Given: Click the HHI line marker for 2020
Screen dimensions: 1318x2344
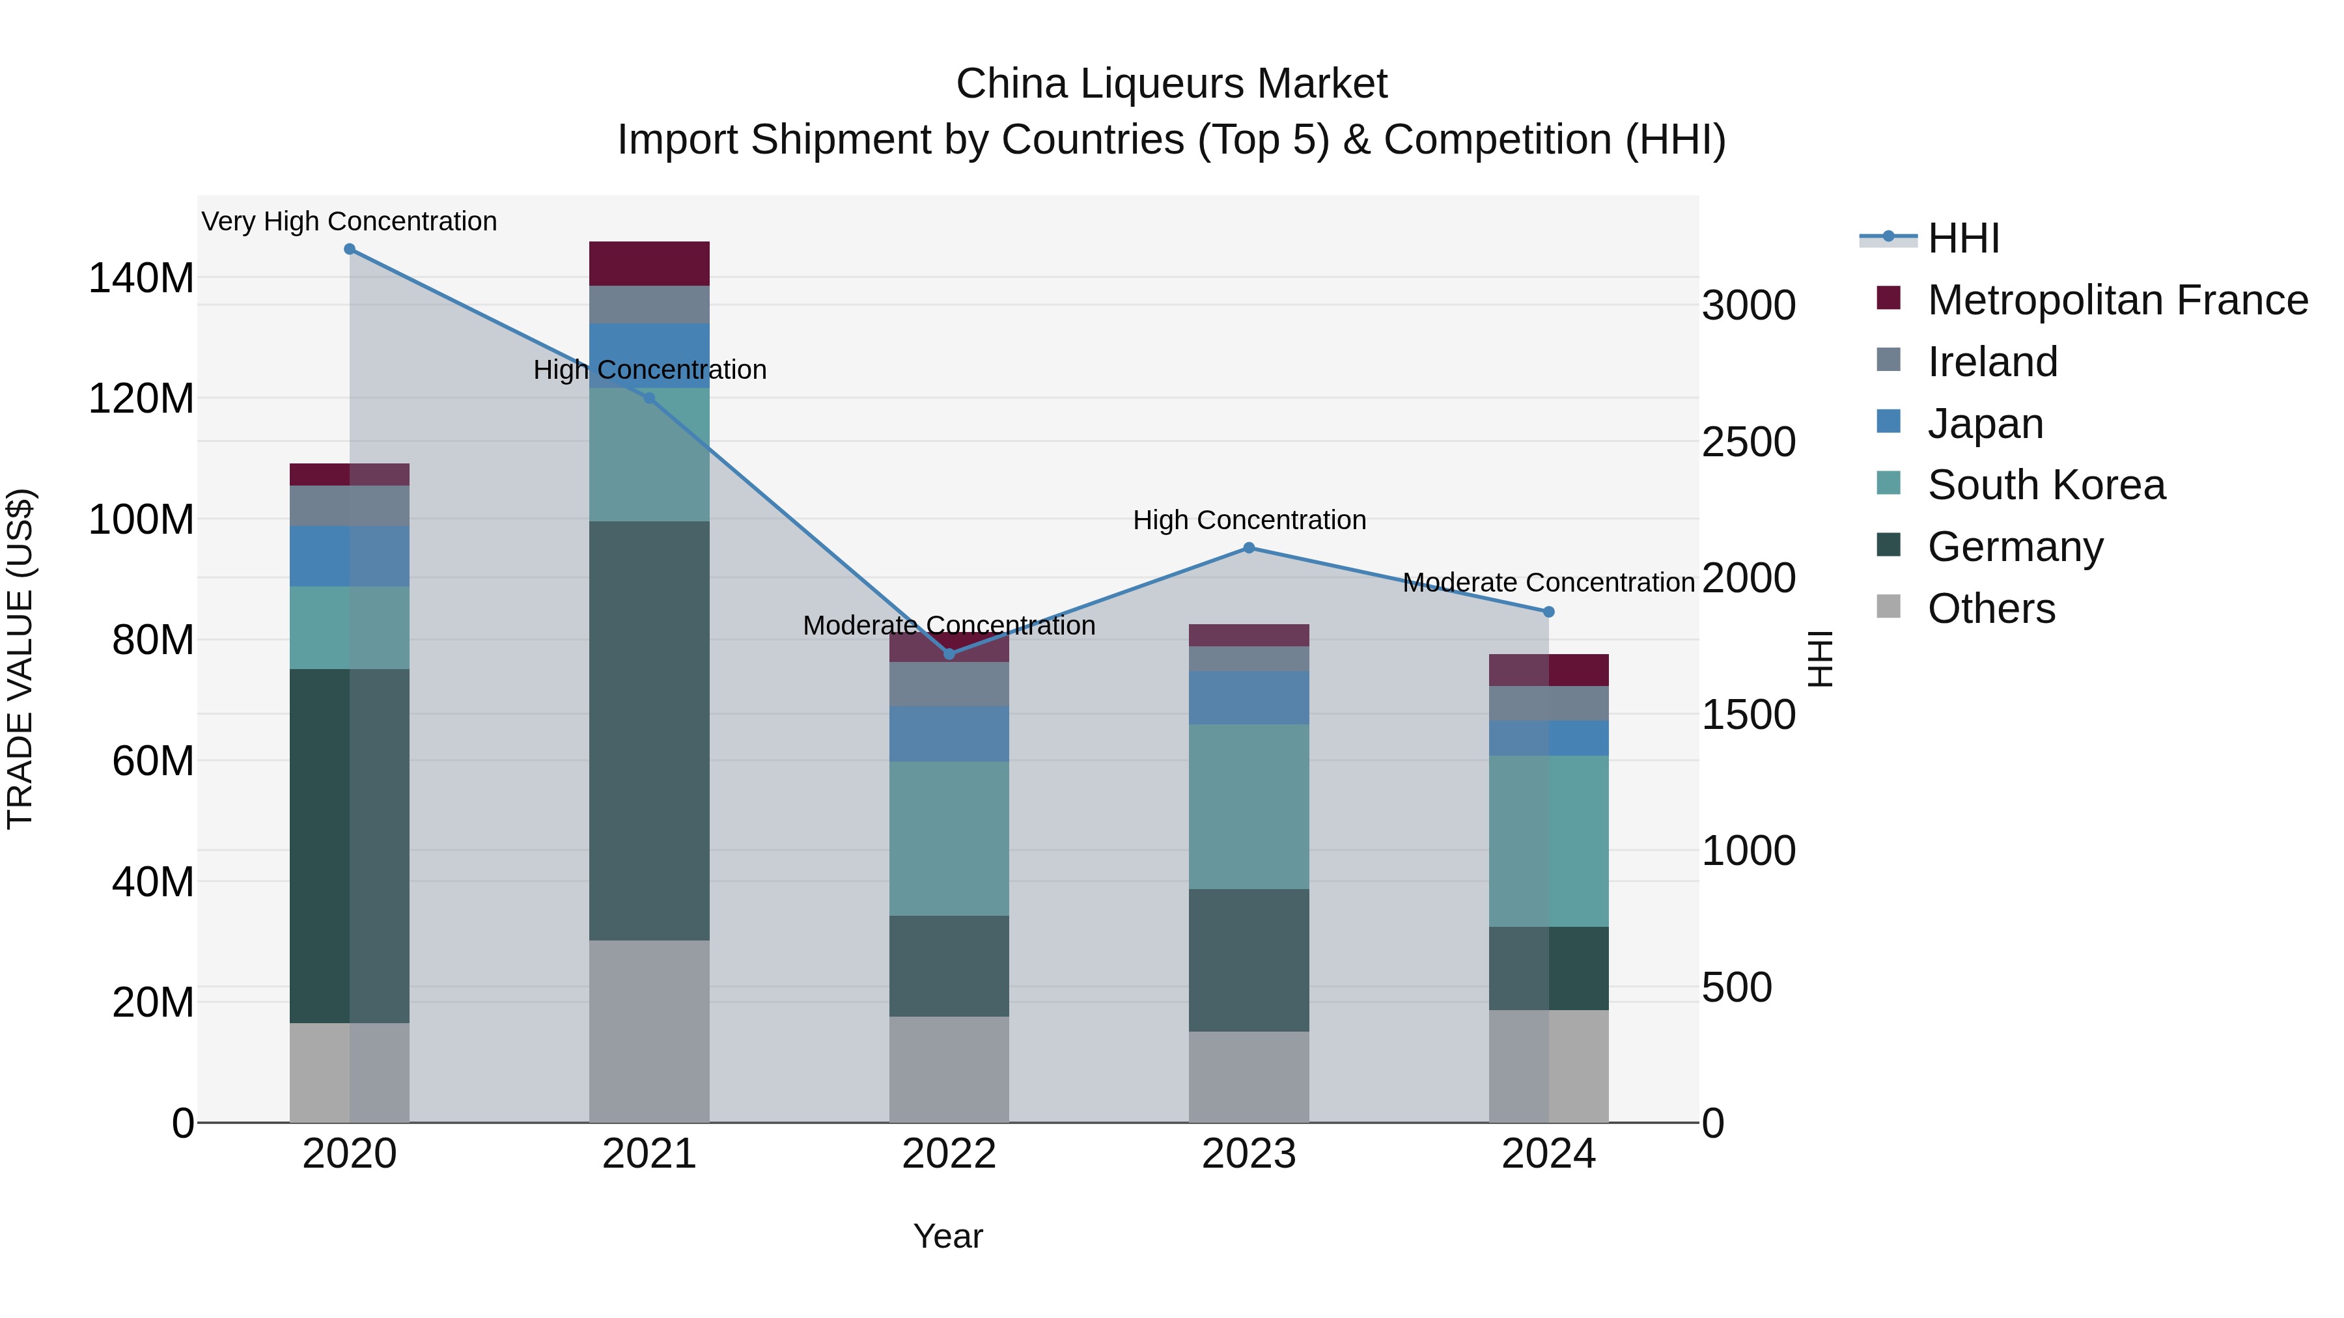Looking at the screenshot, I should click(x=350, y=249).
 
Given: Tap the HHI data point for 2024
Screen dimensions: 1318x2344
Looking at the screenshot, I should click(x=1549, y=612).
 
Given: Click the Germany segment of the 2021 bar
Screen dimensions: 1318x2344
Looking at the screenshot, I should click(x=649, y=730).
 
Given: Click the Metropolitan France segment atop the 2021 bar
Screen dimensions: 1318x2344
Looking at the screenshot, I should click(x=649, y=264).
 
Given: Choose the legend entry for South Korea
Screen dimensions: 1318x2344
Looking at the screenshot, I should click(x=2046, y=485).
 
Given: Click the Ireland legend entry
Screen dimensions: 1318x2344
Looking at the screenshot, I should click(x=1992, y=362).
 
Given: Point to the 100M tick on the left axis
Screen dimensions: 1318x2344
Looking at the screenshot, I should click(x=141, y=519).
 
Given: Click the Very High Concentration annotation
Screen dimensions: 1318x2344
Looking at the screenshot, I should click(x=350, y=221).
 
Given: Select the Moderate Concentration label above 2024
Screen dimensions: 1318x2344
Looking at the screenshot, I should click(x=1549, y=582).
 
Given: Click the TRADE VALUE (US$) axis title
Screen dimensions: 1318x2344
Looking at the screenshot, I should click(x=20, y=659).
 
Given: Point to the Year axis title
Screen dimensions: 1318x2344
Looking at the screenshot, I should click(x=948, y=1236).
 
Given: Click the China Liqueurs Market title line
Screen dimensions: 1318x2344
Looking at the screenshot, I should click(x=1171, y=84).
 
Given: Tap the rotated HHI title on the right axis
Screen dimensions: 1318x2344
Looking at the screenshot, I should click(x=1819, y=659).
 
